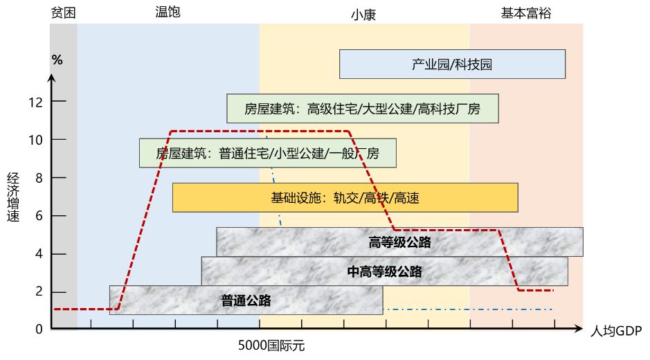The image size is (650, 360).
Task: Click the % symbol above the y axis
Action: point(57,60)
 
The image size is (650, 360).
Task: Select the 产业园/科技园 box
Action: point(452,64)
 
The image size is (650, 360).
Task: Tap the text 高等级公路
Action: point(400,242)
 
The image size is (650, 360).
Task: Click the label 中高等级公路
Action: point(384,271)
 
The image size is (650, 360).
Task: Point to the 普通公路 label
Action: point(246,300)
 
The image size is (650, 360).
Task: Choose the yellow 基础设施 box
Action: point(345,198)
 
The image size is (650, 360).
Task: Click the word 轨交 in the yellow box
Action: point(346,198)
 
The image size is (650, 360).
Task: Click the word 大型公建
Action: point(386,109)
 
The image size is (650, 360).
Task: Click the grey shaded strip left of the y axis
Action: point(63,173)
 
